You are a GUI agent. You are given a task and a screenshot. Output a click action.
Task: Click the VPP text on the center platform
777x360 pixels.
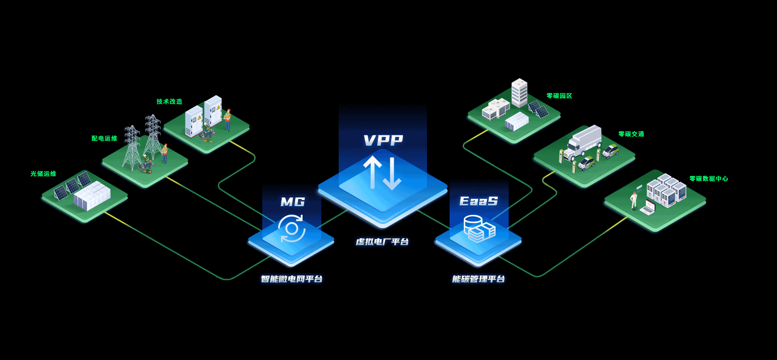pos(383,140)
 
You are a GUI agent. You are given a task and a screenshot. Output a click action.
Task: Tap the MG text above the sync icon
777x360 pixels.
pos(293,202)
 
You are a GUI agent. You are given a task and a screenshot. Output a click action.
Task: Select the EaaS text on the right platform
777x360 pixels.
pos(478,201)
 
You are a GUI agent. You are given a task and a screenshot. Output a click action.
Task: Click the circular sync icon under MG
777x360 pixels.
pos(291,229)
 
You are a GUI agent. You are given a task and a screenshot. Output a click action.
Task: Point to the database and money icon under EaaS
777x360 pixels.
pos(479,229)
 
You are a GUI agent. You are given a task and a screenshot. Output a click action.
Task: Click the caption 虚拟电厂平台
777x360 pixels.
pos(382,242)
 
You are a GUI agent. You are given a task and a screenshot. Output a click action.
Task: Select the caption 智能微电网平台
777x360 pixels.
pos(291,279)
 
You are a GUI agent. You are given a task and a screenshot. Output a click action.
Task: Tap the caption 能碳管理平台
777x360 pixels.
pos(478,279)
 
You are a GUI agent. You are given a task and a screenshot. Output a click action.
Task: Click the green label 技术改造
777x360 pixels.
pos(169,102)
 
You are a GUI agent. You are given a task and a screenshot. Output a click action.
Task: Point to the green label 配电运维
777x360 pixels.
pos(104,138)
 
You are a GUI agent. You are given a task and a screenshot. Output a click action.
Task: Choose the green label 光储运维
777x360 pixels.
pos(43,174)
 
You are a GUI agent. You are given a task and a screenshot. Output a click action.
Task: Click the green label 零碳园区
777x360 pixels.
pos(559,96)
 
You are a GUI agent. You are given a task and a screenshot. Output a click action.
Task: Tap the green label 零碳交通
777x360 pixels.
pos(631,134)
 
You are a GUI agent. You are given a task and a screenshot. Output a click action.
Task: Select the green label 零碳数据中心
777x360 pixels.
pos(709,178)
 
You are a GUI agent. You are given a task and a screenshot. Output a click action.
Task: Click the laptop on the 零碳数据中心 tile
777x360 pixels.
pos(647,208)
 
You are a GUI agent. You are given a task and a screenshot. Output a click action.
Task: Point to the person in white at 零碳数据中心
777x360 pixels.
pos(634,200)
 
